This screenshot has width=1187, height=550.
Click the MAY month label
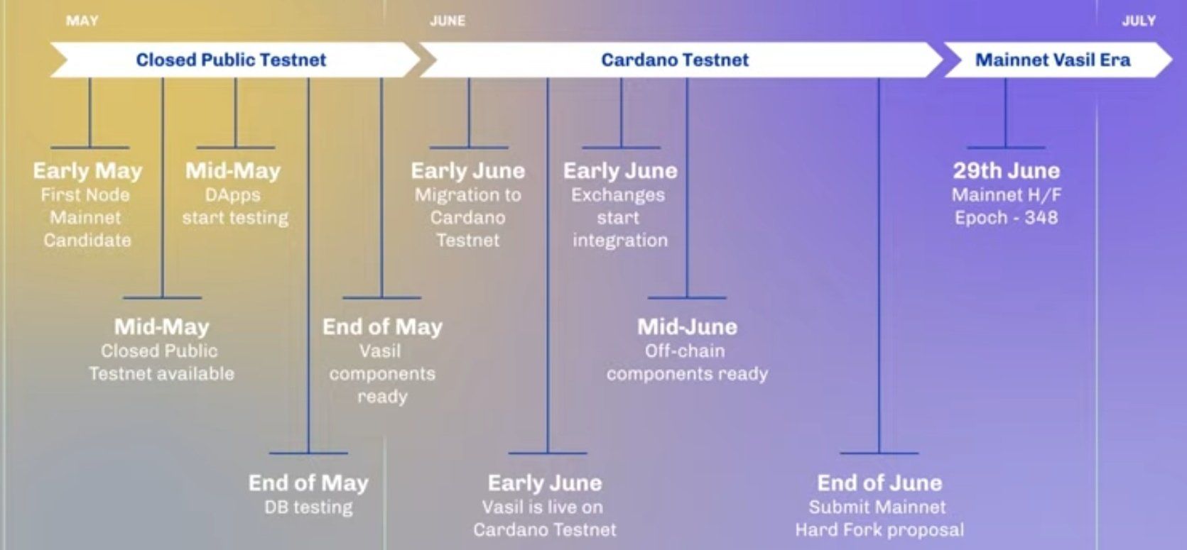pos(82,21)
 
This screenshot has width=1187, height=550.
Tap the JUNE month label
pos(448,21)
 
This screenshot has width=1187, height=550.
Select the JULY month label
pos(1139,21)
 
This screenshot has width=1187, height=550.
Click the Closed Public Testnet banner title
pos(231,60)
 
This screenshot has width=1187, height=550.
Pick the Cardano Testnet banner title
pos(675,60)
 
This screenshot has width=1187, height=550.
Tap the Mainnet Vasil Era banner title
pos(1053,60)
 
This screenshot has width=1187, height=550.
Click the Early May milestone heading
pos(88,171)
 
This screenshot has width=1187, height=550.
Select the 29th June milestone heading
pos(1007,170)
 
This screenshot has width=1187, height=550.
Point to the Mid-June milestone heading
pos(688,326)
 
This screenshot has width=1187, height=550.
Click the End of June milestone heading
pos(879,483)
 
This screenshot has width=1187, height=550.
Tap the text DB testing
pos(308,507)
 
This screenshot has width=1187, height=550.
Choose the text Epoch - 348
pos(1007,218)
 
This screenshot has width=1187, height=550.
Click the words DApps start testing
pos(234,207)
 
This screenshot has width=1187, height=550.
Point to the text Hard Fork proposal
pos(879,530)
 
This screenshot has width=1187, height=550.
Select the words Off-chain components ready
pos(688,362)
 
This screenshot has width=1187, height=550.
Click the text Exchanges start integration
pos(619,218)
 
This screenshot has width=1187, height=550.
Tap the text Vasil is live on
pos(543,507)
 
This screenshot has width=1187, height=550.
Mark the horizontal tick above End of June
pos(879,453)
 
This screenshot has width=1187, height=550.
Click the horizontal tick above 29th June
pos(1006,148)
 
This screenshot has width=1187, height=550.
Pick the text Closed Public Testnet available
pos(161,362)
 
